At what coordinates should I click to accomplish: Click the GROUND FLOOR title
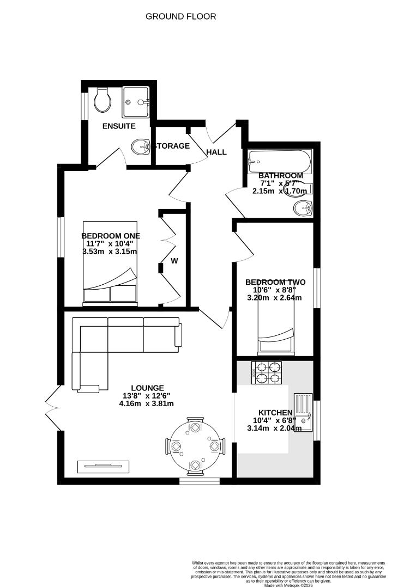pos(180,16)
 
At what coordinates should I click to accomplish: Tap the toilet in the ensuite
pos(101,100)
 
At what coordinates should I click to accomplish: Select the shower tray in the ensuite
pos(136,101)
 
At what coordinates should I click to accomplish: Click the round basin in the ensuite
pos(141,146)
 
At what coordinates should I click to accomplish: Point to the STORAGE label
pos(172,146)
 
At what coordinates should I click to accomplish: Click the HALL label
pos(216,152)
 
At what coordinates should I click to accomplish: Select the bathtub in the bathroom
pos(280,161)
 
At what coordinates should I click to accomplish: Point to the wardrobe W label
pos(174,261)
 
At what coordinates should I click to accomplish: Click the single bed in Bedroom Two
pos(275,321)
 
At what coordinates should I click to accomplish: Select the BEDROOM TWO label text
pos(275,282)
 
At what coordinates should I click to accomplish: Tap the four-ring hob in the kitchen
pos(267,373)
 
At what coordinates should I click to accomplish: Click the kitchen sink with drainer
pos(303,413)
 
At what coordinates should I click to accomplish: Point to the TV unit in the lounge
pos(104,467)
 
